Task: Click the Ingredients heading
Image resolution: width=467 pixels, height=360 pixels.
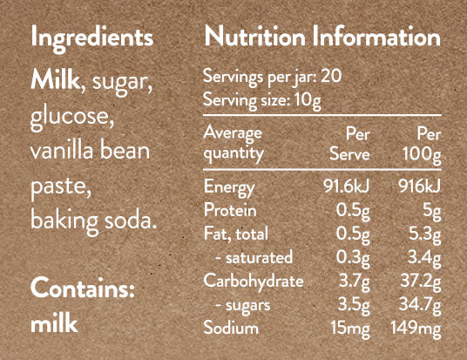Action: [92, 39]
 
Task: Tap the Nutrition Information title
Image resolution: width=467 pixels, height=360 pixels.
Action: [322, 37]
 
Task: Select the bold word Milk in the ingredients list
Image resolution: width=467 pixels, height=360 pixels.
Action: [55, 79]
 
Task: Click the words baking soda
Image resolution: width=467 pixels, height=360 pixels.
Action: [93, 221]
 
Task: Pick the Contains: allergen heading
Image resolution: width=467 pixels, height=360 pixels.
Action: [83, 288]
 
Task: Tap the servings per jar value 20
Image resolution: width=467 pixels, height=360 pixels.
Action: [330, 76]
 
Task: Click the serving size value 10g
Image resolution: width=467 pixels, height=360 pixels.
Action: [308, 100]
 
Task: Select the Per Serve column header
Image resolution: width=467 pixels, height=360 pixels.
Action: [349, 144]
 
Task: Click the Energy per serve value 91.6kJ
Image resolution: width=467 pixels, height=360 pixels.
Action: [347, 187]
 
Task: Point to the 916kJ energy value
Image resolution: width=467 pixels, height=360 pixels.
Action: [420, 187]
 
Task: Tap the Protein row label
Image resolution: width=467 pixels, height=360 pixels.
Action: [230, 209]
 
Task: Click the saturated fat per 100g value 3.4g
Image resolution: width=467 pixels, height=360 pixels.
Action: [424, 258]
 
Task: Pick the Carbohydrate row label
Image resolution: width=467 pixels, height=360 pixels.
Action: [254, 282]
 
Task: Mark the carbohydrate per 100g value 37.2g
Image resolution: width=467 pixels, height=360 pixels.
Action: [421, 282]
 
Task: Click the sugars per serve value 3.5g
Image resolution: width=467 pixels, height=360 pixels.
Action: [354, 305]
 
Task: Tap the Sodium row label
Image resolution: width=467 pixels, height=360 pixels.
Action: [231, 328]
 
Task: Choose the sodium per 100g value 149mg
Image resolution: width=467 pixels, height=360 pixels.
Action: [416, 329]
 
